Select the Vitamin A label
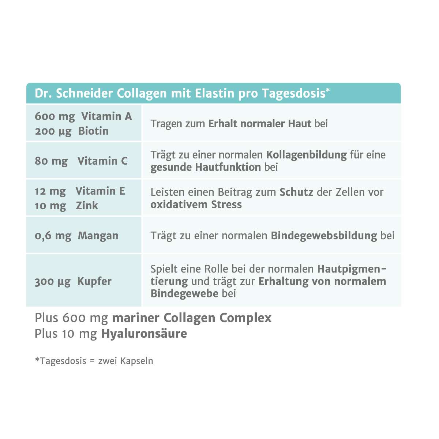(x=106, y=116)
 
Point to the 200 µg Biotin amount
(x=53, y=131)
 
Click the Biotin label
(x=93, y=131)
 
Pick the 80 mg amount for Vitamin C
(x=51, y=161)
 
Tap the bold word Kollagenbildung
(x=306, y=155)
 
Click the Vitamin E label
(x=100, y=191)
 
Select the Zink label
(x=87, y=206)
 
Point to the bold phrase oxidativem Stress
(x=196, y=204)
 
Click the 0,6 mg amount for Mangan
(x=53, y=236)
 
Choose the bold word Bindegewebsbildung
(x=324, y=236)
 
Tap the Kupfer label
(x=94, y=281)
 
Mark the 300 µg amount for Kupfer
(x=53, y=281)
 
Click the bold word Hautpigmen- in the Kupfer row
(x=352, y=269)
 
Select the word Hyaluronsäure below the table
(x=144, y=334)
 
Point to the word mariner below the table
(x=136, y=318)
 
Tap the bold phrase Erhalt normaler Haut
(x=259, y=124)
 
